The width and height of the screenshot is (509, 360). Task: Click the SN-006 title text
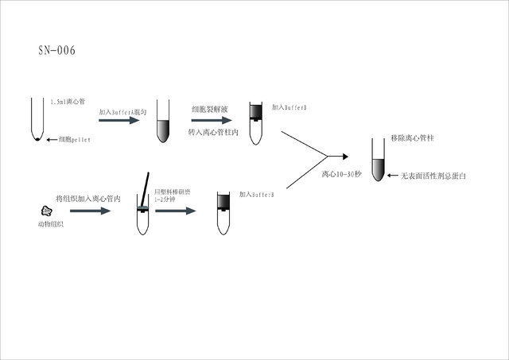pos(56,51)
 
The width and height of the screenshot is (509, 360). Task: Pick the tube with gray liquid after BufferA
pos(163,122)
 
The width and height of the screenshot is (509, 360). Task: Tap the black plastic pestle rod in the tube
pos(146,191)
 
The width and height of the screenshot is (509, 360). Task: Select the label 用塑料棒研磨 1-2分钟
pos(173,197)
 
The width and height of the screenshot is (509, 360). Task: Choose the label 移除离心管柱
pos(411,138)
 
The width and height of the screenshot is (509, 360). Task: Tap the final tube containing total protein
pos(379,159)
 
